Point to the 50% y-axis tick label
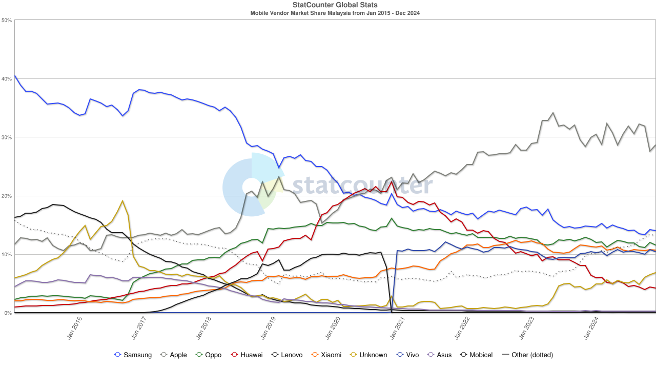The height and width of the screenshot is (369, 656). (x=7, y=20)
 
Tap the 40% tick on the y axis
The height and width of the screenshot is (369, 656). (x=7, y=79)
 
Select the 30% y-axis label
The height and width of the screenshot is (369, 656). (x=7, y=137)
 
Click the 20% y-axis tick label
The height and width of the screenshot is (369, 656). (x=7, y=196)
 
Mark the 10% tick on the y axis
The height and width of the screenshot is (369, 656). (x=7, y=254)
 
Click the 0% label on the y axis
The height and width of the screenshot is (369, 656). (x=9, y=313)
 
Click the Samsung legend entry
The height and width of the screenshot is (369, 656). (x=133, y=355)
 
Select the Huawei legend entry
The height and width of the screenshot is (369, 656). (x=246, y=355)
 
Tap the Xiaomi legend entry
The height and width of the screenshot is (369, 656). (x=326, y=355)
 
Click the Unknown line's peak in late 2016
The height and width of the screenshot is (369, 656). (x=122, y=201)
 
